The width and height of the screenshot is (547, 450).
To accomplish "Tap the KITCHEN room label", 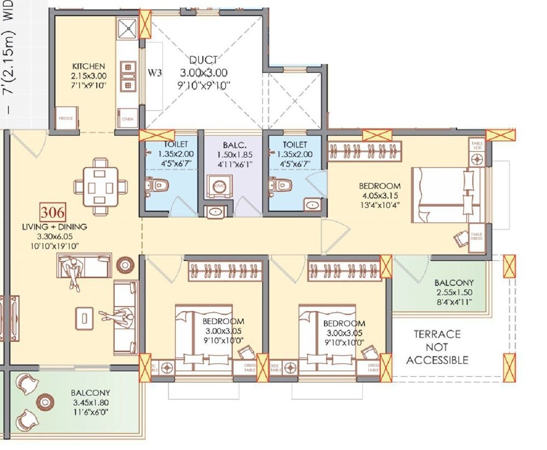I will point(88,66).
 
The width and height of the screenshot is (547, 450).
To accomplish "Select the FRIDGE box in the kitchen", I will point(66,119).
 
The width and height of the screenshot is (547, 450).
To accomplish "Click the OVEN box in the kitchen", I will point(127,119).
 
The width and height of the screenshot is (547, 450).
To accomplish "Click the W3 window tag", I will point(155,72).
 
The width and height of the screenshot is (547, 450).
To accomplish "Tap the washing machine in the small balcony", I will point(219,186).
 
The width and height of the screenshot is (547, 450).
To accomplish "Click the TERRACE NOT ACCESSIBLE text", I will point(437,347).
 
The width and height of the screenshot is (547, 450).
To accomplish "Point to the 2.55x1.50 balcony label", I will point(453,292).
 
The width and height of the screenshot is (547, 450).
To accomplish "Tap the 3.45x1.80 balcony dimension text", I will point(90,402).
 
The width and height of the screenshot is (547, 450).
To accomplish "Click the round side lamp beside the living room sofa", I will point(125,265).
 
